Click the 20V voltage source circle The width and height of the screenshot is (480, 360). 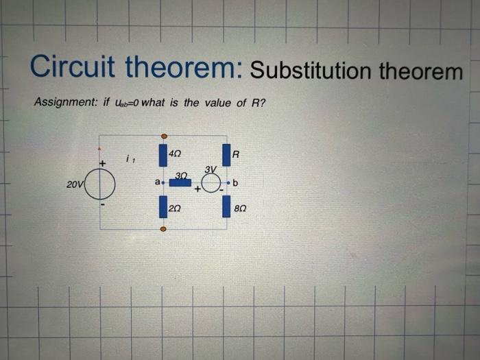(x=102, y=183)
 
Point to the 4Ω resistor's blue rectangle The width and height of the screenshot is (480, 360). (x=163, y=155)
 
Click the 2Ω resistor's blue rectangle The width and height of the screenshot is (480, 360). (x=163, y=205)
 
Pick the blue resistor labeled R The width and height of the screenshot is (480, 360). (x=226, y=156)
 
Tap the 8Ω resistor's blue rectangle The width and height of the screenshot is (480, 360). (x=226, y=206)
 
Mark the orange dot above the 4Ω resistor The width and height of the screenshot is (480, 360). (x=163, y=136)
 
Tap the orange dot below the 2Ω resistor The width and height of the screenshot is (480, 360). (x=163, y=228)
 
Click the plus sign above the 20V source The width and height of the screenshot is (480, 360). (x=102, y=164)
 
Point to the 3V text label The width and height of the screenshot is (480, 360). (x=210, y=169)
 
